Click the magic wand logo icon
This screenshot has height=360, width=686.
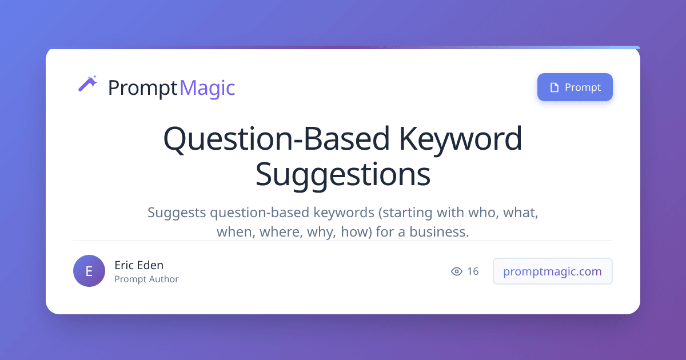[x=87, y=84]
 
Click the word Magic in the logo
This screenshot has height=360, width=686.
[x=207, y=87]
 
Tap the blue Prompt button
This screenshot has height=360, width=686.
[x=575, y=87]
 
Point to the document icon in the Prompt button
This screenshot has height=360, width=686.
[x=553, y=87]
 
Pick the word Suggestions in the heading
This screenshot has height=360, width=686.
[x=342, y=174]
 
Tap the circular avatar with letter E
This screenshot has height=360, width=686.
[x=89, y=271]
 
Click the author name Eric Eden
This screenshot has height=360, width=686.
[x=139, y=265]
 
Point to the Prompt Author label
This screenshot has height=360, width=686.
[x=146, y=279]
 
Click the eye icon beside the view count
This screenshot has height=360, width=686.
[x=457, y=271]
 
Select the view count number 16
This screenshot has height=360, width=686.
[x=473, y=271]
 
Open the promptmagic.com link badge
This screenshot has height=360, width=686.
[x=552, y=271]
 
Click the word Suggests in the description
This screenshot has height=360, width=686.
[x=177, y=213]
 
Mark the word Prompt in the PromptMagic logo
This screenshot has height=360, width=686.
[x=142, y=87]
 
